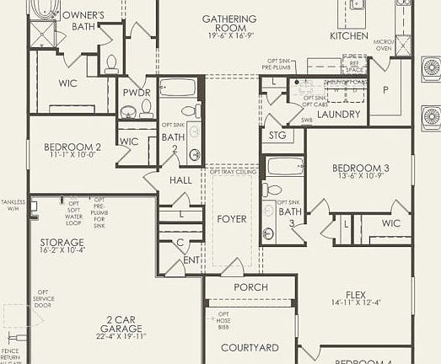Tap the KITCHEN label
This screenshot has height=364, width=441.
pyautogui.click(x=349, y=36)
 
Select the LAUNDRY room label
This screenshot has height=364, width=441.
pyautogui.click(x=338, y=114)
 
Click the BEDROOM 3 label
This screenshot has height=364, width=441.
pyautogui.click(x=360, y=167)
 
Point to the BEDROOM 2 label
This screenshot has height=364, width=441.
pyautogui.click(x=73, y=147)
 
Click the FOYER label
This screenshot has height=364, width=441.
pyautogui.click(x=232, y=218)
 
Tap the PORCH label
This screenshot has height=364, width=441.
pyautogui.click(x=250, y=287)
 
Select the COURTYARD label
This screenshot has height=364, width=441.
pyautogui.click(x=250, y=347)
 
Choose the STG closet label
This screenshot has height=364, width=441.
pyautogui.click(x=277, y=134)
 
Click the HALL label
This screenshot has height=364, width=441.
pyautogui.click(x=180, y=179)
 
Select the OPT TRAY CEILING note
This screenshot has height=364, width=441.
pyautogui.click(x=233, y=172)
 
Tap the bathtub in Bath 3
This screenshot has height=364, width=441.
pyautogui.click(x=283, y=165)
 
